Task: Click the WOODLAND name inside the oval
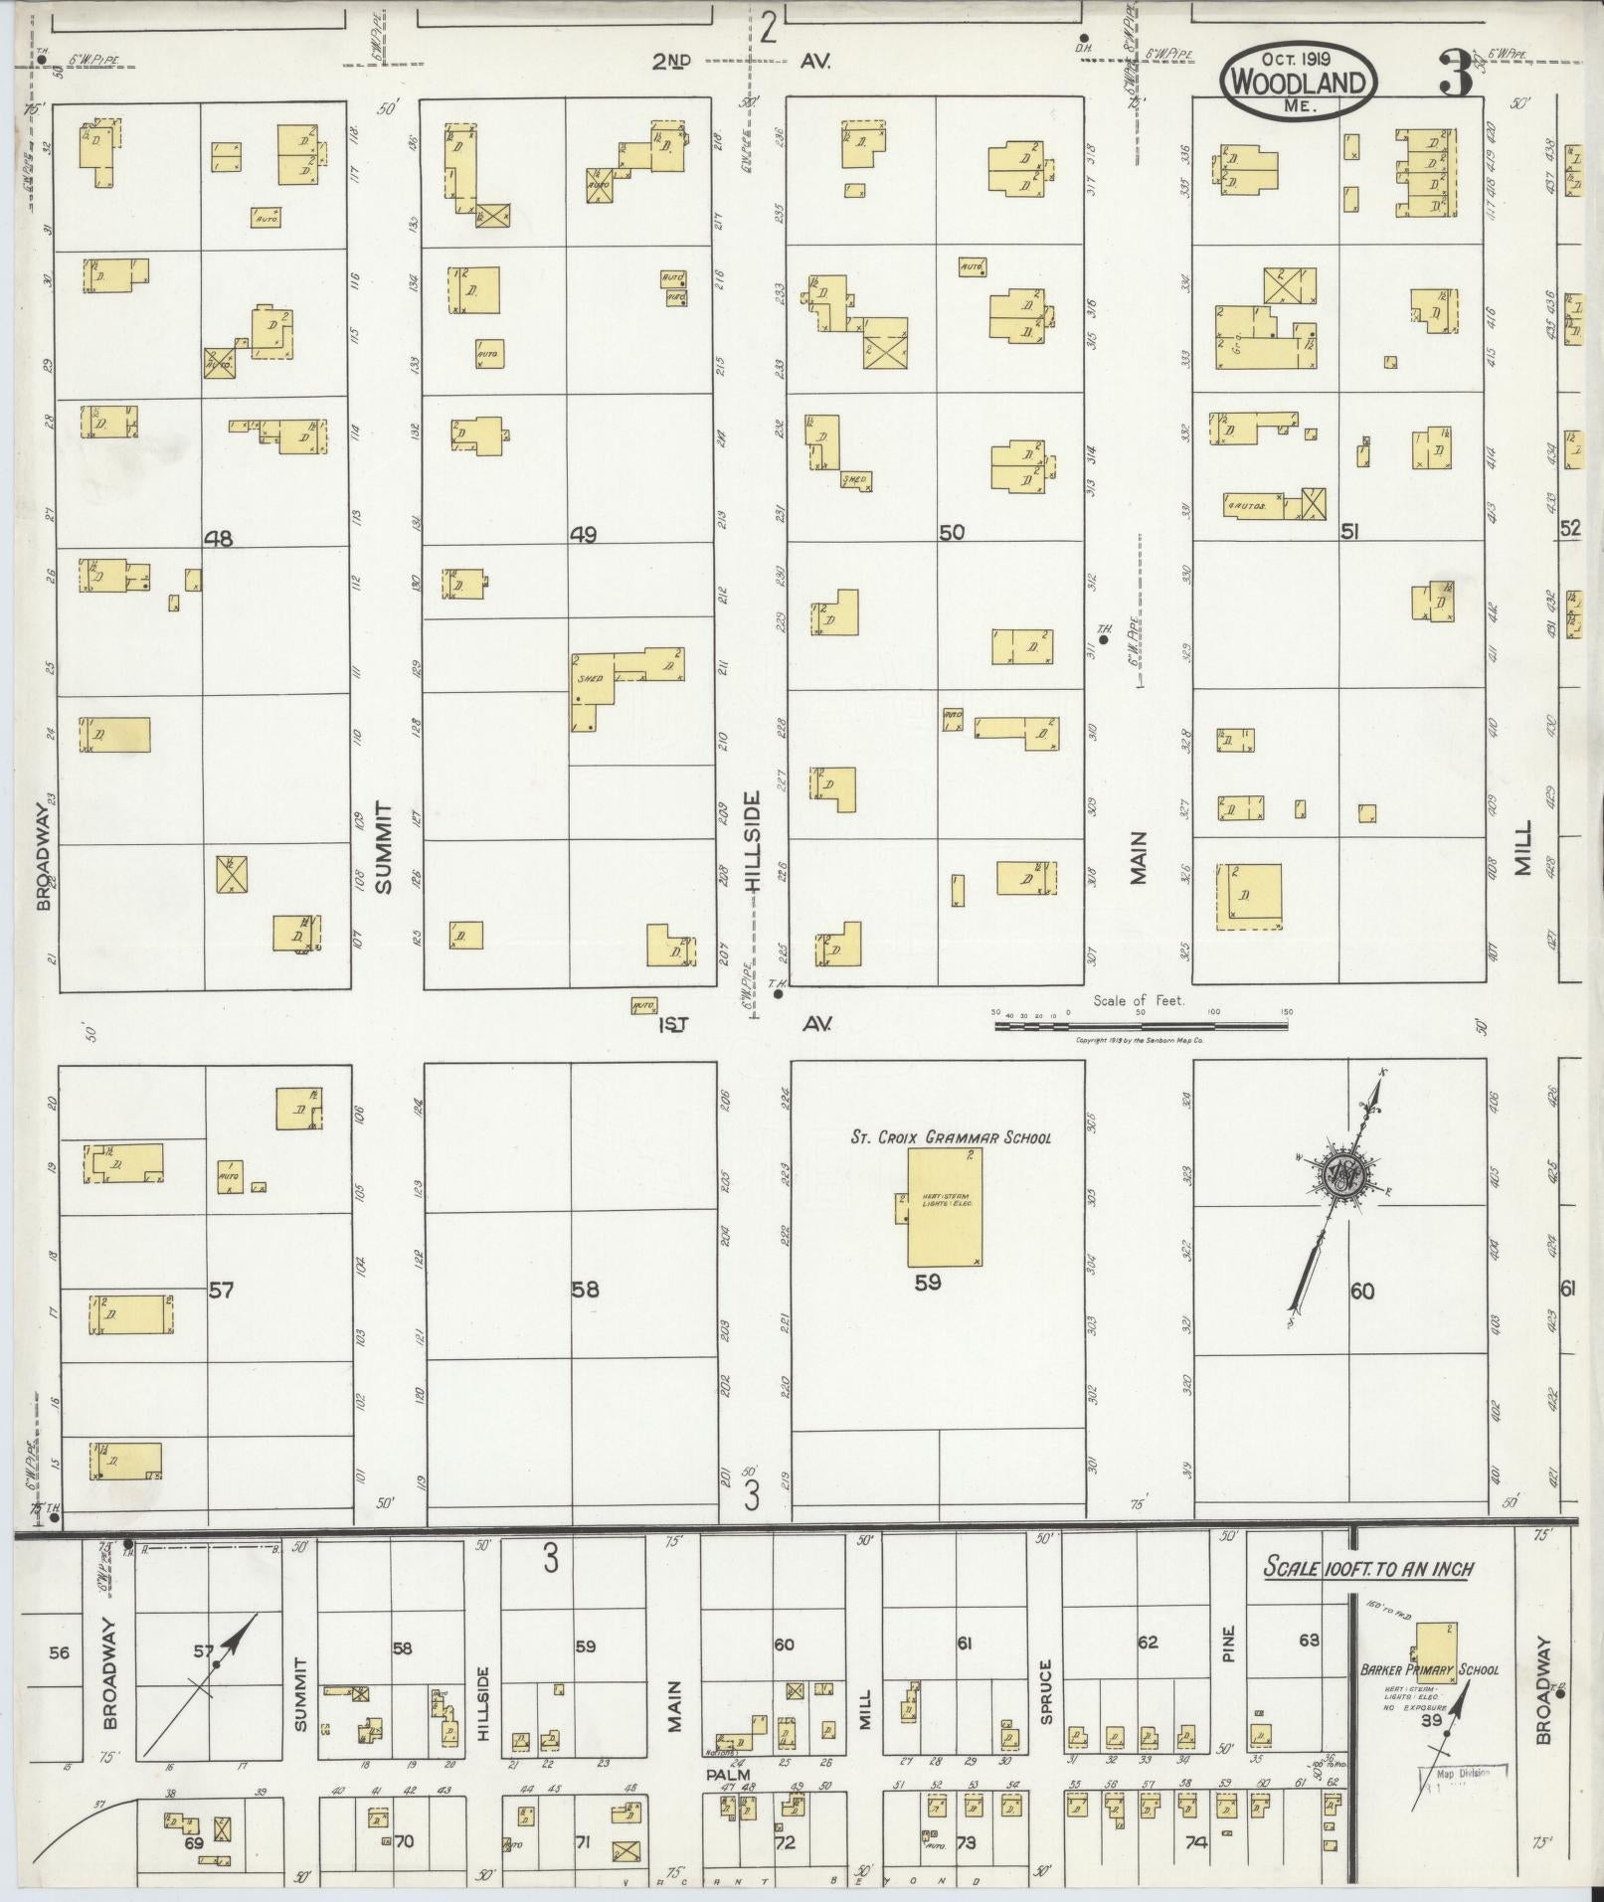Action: coord(1299,83)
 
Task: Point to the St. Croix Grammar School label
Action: coord(949,1137)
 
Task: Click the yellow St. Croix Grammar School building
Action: coord(945,1209)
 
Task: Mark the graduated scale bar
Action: coord(1141,1025)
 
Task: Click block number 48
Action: coord(218,539)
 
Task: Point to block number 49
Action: coord(583,536)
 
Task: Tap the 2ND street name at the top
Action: coord(671,62)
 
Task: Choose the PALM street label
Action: coord(727,1774)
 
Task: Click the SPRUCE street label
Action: coord(1046,1679)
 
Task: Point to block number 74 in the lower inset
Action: coord(1194,1842)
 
